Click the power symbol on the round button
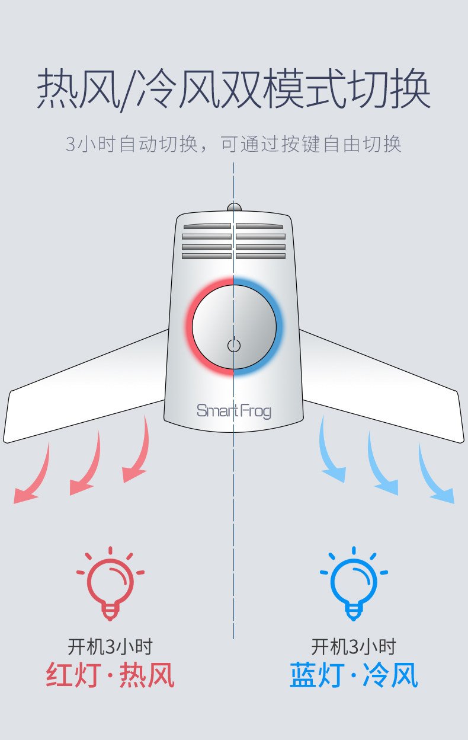(234, 345)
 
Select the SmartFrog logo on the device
(233, 410)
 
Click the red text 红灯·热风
(110, 675)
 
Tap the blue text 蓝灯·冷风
(354, 675)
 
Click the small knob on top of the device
(234, 208)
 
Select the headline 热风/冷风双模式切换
(233, 90)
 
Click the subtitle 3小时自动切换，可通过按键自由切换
(233, 144)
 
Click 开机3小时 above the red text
(110, 646)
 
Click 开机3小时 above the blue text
(354, 646)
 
